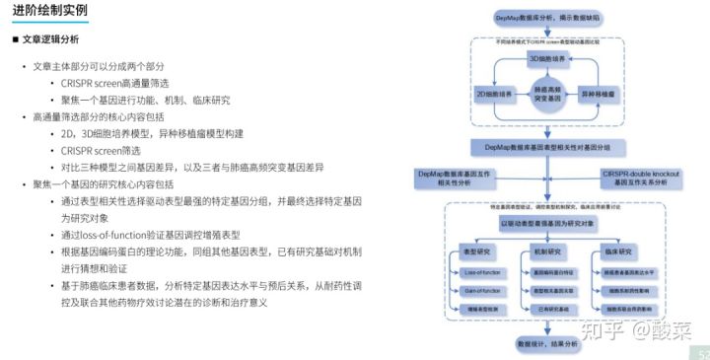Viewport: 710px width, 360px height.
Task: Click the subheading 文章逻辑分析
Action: coord(50,39)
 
